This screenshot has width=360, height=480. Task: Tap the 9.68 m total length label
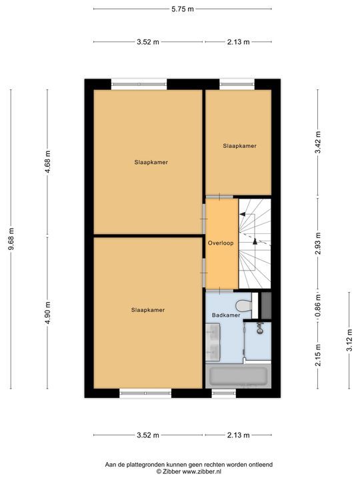point(10,239)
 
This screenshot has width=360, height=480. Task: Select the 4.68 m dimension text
point(47,162)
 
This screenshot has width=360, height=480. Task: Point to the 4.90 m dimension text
point(47,313)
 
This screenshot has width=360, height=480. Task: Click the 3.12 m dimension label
point(349,339)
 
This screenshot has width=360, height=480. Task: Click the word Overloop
point(221,243)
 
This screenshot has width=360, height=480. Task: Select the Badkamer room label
point(225,314)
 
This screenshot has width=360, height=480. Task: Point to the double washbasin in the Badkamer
point(213,341)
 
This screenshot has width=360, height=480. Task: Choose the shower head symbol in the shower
point(258,327)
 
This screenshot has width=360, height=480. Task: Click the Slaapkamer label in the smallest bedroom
point(239,145)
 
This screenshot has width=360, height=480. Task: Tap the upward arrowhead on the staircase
point(243,215)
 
